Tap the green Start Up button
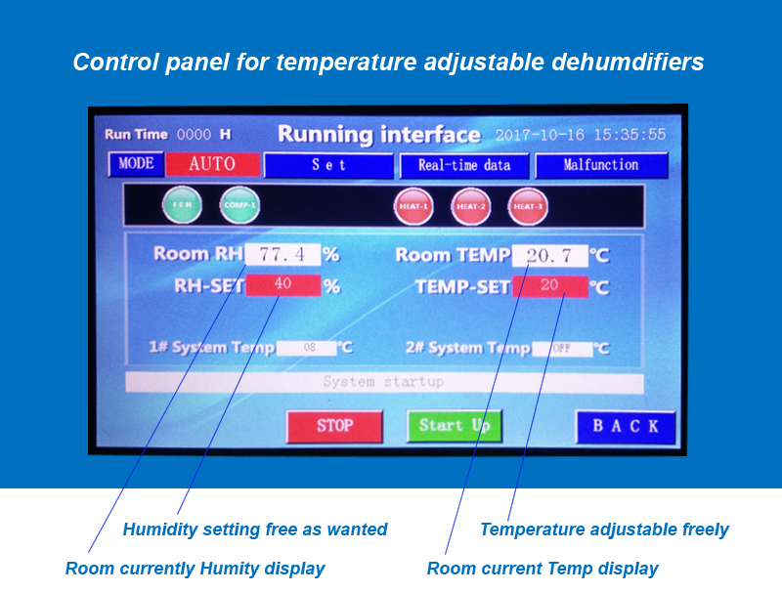click(454, 426)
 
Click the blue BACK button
click(626, 427)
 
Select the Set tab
click(328, 165)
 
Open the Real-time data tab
click(464, 165)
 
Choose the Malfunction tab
click(601, 165)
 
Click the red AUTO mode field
click(212, 164)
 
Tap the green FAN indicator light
click(182, 206)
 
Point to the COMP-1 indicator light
click(239, 206)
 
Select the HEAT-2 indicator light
click(471, 207)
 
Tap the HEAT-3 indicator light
click(528, 207)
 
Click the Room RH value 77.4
click(282, 255)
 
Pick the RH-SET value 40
click(282, 285)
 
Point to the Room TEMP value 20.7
click(549, 256)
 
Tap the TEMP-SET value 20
click(549, 286)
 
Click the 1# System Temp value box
click(307, 348)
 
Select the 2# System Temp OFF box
click(562, 348)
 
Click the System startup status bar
click(384, 382)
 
